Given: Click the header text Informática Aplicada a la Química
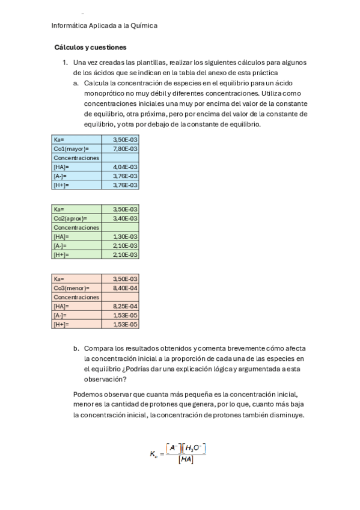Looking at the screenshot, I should pyautogui.click(x=105, y=26).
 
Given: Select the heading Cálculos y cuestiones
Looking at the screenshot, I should pyautogui.click(x=90, y=47).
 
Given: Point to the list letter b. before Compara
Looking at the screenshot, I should pyautogui.click(x=76, y=348).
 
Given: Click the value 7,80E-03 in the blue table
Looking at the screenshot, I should pyautogui.click(x=125, y=149).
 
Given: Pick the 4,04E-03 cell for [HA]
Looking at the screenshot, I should pyautogui.click(x=125, y=167).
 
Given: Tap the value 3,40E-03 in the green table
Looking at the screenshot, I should pyautogui.click(x=125, y=218).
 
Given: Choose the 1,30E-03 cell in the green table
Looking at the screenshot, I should pyautogui.click(x=125, y=236).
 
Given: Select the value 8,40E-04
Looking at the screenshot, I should pyautogui.click(x=125, y=288).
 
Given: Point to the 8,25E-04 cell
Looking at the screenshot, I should pyautogui.click(x=125, y=306).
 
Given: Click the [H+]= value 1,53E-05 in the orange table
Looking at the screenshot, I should pyautogui.click(x=125, y=325).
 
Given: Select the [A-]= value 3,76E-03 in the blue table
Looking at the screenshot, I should pyautogui.click(x=125, y=176).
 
